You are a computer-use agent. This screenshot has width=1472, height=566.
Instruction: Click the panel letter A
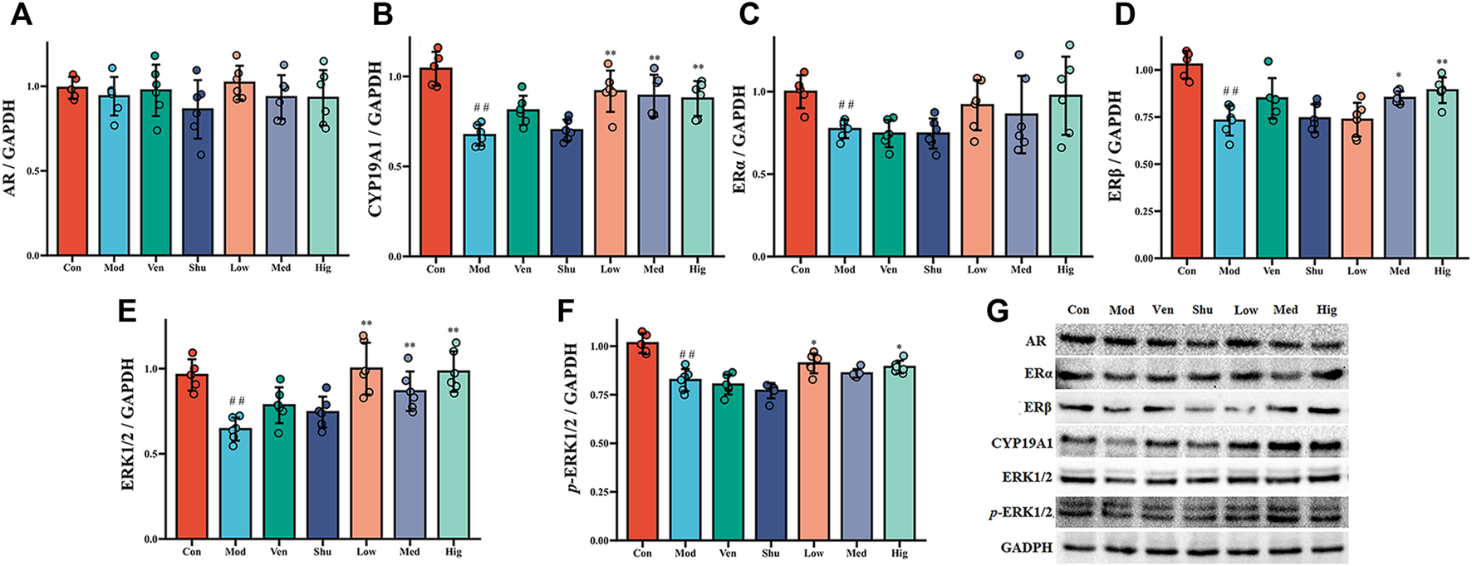(20, 16)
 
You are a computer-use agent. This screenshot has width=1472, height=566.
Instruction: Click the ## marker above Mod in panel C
(846, 105)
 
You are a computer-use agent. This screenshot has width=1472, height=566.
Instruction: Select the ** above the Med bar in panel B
(654, 59)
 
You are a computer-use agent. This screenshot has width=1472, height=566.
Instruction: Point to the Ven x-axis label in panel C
(888, 269)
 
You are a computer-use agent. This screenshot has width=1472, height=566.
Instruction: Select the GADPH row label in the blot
(1027, 549)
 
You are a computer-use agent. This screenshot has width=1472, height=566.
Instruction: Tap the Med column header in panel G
(1285, 310)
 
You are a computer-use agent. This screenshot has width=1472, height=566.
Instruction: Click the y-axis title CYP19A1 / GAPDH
(375, 138)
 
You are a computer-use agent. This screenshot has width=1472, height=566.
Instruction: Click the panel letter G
(998, 313)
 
